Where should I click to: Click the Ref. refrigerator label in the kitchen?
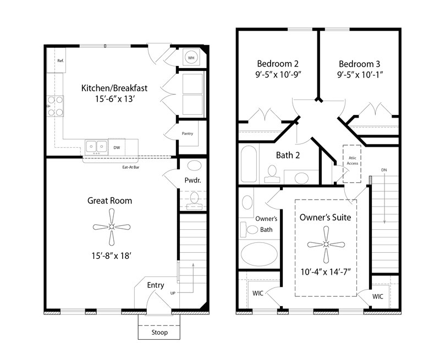[60, 61]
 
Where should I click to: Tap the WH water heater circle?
[191, 57]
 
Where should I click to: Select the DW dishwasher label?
[117, 148]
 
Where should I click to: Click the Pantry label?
[187, 134]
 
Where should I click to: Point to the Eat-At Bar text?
[130, 167]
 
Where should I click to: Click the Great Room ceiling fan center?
[112, 226]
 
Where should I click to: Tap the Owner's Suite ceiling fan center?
[326, 245]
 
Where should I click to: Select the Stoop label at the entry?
[159, 333]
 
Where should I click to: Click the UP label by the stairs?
[174, 293]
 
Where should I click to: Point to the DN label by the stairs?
[384, 170]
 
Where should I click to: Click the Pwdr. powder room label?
[193, 181]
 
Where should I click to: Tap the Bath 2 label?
[288, 155]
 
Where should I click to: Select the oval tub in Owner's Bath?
[259, 253]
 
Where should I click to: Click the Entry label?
[156, 285]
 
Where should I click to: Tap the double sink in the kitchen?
[96, 146]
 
